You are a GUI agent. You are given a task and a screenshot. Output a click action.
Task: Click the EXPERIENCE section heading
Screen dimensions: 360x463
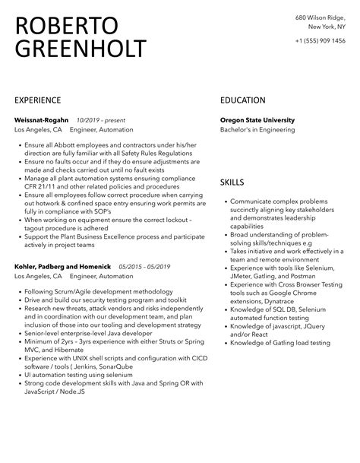pyautogui.click(x=38, y=100)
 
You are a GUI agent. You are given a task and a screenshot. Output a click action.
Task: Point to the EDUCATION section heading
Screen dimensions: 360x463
pyautogui.click(x=242, y=100)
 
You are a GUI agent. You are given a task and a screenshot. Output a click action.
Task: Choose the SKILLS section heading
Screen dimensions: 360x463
pyautogui.click(x=232, y=183)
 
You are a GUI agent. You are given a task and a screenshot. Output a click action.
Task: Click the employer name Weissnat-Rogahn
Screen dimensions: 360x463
pyautogui.click(x=42, y=120)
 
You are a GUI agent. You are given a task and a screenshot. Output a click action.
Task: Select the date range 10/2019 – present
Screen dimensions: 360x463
pyautogui.click(x=101, y=120)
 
